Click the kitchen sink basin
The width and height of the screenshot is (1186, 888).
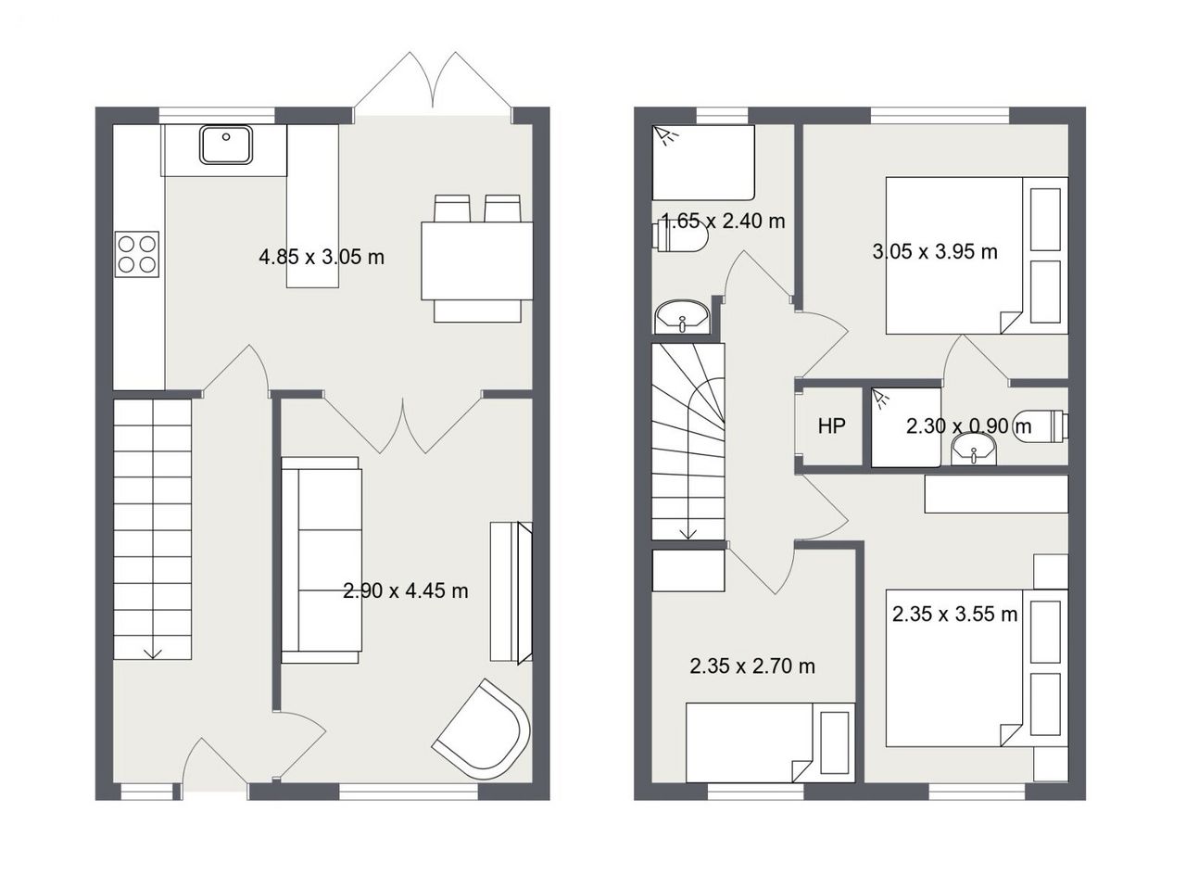(x=226, y=145)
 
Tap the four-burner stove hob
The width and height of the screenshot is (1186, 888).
(x=137, y=254)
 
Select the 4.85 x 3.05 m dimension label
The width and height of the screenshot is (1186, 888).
(x=322, y=257)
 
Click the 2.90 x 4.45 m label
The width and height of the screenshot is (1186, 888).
(x=405, y=590)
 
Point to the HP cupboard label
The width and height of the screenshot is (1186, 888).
(x=831, y=426)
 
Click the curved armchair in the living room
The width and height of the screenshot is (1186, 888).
(x=481, y=729)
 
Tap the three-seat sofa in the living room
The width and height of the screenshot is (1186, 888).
(x=322, y=560)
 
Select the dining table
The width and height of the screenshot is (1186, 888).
(x=477, y=260)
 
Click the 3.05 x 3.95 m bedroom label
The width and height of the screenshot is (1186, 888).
(x=935, y=251)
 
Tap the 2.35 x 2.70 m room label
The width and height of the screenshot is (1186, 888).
(x=752, y=666)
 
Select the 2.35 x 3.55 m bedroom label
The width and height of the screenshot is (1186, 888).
(x=954, y=615)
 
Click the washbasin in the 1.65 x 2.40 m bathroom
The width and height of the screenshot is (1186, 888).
(x=682, y=317)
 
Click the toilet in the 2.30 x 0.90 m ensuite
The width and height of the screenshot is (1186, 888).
(x=1041, y=426)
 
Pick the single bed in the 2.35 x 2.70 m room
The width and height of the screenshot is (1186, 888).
(x=771, y=742)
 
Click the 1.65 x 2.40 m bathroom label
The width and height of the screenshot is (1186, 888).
(x=723, y=221)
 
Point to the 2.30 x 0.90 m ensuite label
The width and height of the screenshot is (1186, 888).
(x=968, y=426)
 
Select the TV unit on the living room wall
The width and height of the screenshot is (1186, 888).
(x=511, y=591)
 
